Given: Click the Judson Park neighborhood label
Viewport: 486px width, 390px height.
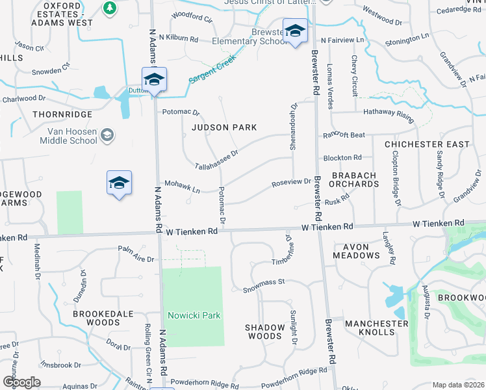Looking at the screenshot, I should click(x=224, y=127).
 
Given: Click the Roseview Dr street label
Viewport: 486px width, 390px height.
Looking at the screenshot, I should click(x=292, y=183).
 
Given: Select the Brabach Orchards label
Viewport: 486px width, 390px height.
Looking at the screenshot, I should click(x=355, y=179).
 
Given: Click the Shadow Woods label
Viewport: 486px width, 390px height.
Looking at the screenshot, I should click(x=264, y=331).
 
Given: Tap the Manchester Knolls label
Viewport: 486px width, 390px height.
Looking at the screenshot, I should click(x=376, y=328).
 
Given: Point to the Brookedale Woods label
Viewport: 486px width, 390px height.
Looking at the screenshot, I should click(x=105, y=317).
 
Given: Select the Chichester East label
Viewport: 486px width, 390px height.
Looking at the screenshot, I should click(x=427, y=144).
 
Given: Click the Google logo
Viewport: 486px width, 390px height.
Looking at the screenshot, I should click(x=21, y=382).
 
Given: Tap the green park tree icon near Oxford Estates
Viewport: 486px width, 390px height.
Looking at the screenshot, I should click(x=109, y=8).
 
